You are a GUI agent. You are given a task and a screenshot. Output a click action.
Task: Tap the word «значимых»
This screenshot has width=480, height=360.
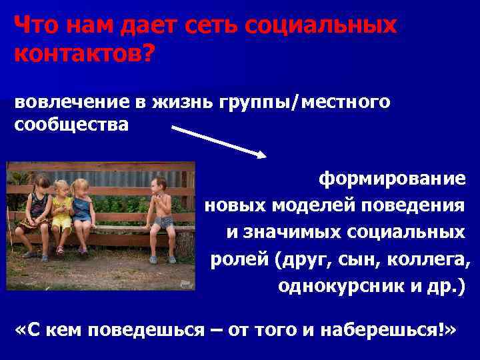(301, 232)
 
